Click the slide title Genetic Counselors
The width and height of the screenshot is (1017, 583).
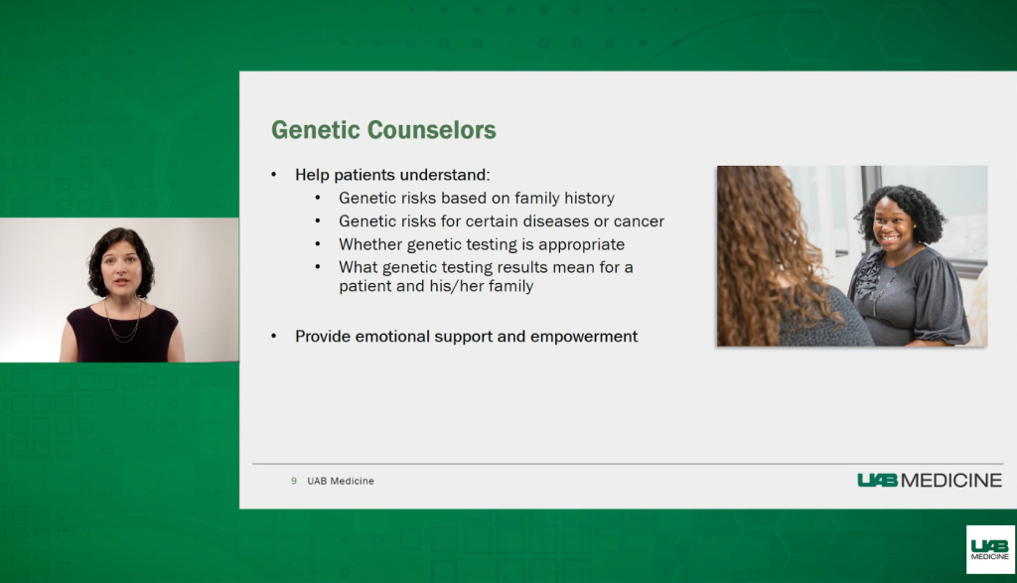coord(383,130)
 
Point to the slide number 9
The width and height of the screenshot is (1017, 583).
coord(294,481)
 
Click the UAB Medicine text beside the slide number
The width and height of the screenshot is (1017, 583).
coord(341,481)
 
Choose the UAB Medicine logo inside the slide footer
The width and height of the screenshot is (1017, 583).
coord(930,480)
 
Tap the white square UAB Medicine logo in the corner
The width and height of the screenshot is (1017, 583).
coord(990,549)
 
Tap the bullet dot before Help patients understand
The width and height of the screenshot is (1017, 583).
coord(274,175)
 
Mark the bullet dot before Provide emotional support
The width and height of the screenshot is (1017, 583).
coord(274,336)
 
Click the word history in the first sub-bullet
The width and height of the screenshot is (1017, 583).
coord(589,198)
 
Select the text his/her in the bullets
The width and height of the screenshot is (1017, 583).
coord(453,286)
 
